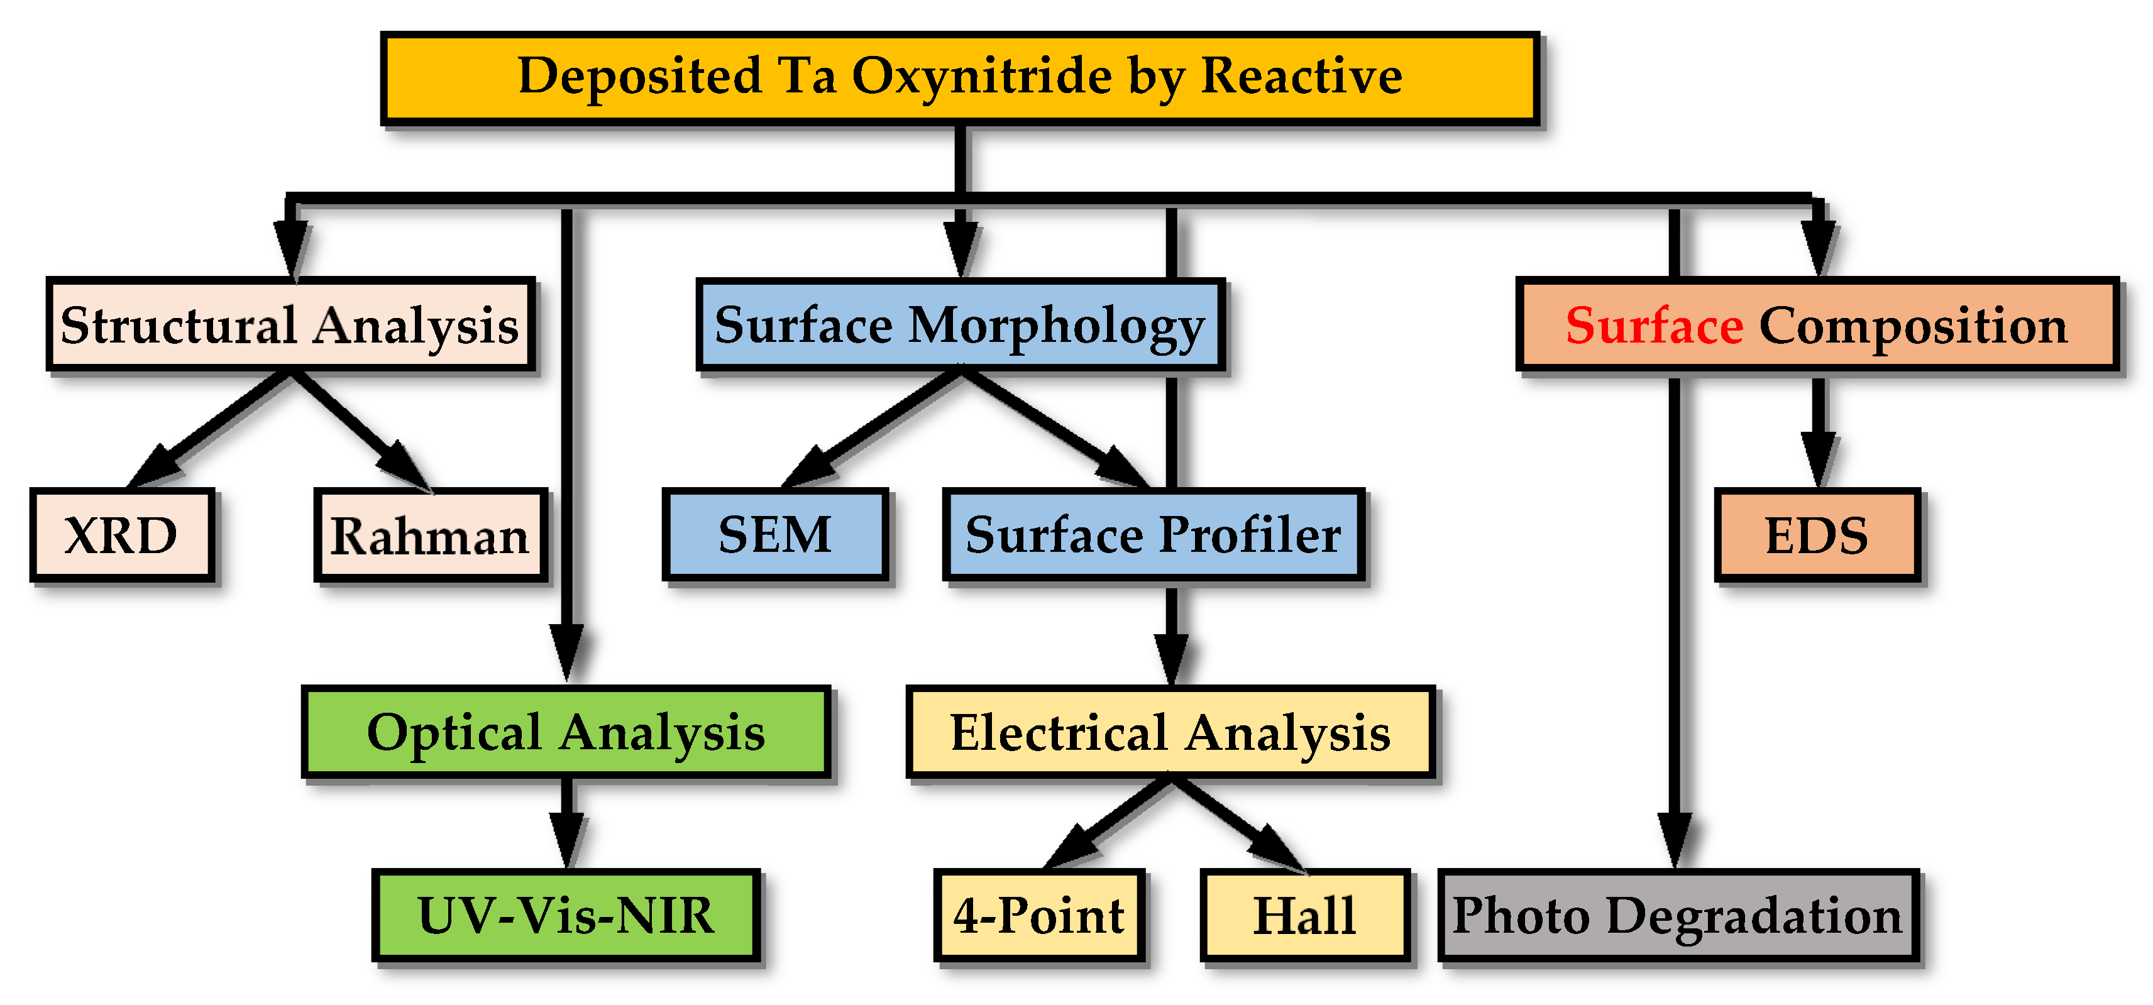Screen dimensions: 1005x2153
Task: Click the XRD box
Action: pyautogui.click(x=122, y=535)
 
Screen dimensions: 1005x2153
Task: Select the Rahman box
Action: pyautogui.click(x=431, y=535)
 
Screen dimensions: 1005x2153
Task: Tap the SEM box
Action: pyautogui.click(x=775, y=535)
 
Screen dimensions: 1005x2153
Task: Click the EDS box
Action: pyautogui.click(x=1816, y=535)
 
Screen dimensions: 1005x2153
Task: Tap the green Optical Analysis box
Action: pyautogui.click(x=566, y=732)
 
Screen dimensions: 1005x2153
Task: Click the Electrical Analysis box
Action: pyautogui.click(x=1170, y=732)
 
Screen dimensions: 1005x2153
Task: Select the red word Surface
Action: pyautogui.click(x=1654, y=325)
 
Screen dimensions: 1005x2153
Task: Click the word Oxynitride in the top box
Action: pyautogui.click(x=982, y=77)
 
